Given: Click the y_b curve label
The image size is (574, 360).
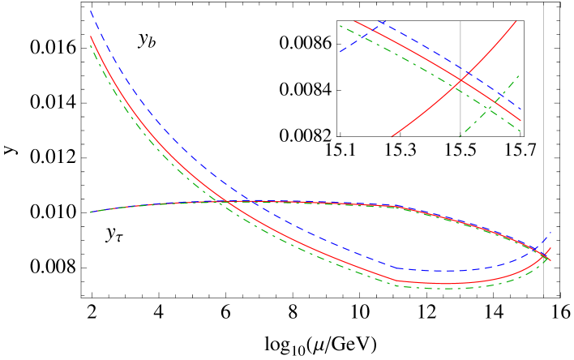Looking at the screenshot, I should (147, 40).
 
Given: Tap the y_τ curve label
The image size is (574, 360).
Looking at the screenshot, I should (114, 234).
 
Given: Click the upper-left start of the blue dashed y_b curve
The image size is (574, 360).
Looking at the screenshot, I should (91, 11).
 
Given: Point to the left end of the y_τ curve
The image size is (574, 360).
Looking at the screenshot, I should (91, 212).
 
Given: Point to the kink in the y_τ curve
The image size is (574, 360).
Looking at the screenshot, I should (397, 207).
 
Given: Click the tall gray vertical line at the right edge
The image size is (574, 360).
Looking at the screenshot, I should (543, 146).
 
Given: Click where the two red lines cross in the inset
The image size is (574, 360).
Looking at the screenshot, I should (461, 79).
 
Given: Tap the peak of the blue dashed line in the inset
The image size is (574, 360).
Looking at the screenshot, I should (381, 22).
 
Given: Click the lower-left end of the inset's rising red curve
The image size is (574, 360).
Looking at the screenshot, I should (392, 137).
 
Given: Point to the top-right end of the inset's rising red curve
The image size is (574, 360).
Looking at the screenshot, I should (516, 21).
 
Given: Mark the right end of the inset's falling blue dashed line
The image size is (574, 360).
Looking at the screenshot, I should (520, 109).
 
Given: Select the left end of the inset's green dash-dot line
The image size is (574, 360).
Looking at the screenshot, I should (341, 26).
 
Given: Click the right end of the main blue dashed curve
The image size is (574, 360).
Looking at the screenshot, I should (550, 233).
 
